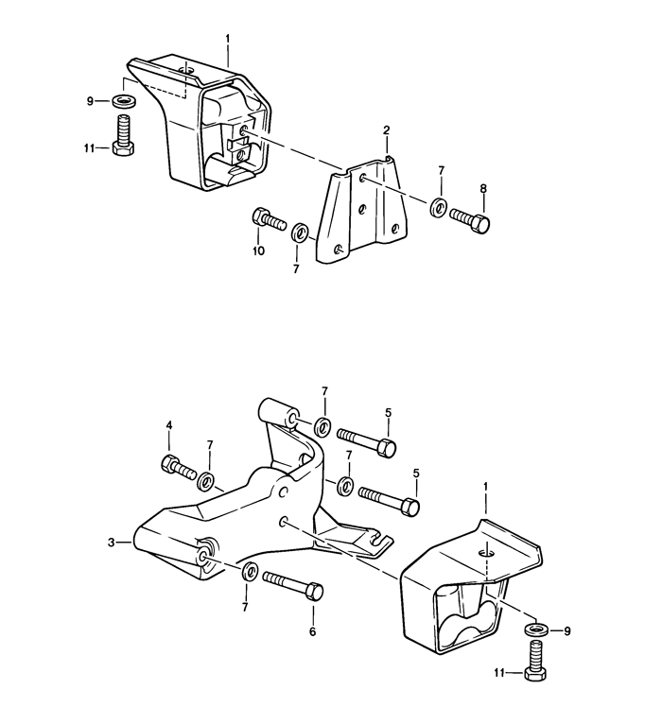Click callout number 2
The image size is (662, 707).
(386, 129)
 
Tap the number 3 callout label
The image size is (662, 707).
(112, 543)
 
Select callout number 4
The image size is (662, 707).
(169, 426)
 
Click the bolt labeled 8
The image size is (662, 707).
(471, 220)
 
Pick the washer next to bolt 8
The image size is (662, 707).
(439, 207)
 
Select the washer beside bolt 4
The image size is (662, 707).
(207, 481)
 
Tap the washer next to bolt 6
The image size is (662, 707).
(251, 571)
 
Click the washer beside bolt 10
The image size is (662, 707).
(301, 232)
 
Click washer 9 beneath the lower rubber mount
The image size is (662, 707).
(534, 629)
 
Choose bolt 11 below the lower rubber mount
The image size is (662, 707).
(534, 663)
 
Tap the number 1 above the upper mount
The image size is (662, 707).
(228, 39)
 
